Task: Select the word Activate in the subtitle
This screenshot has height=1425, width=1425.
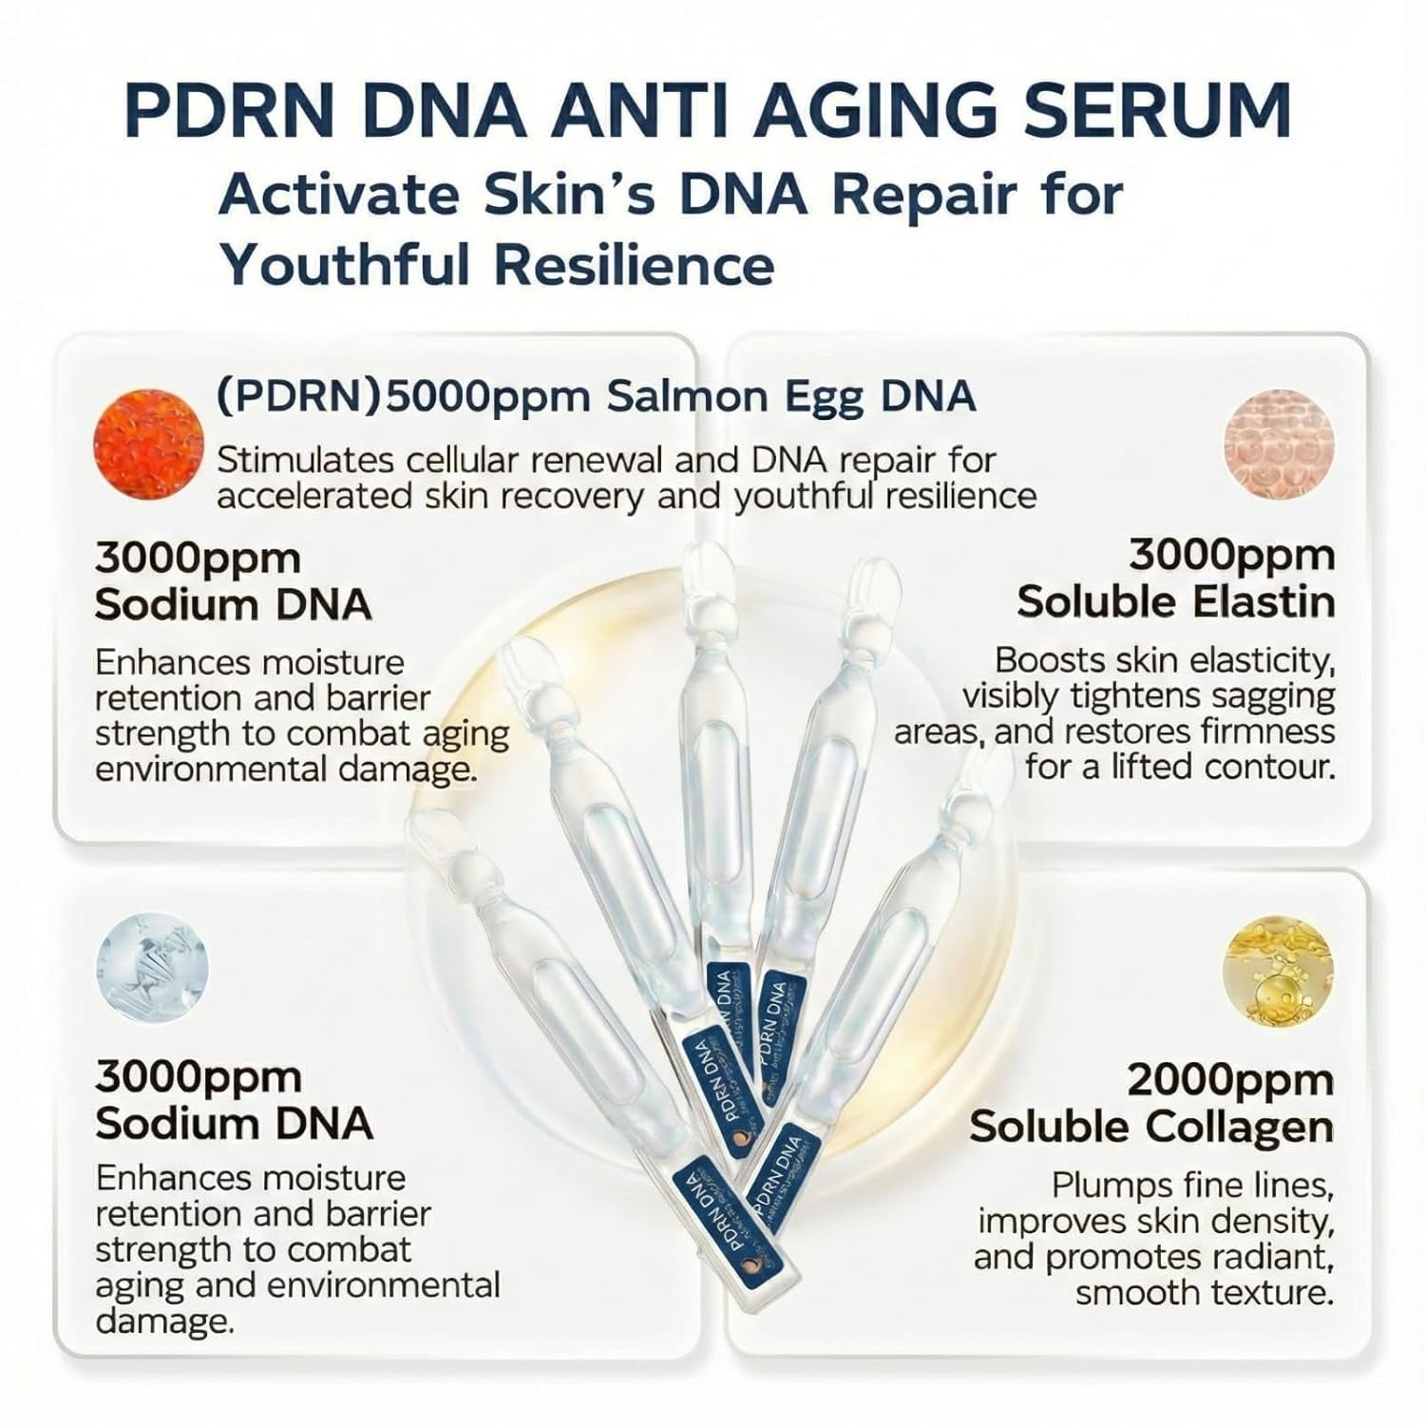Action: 332,195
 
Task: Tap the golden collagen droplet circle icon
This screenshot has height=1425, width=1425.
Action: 1276,967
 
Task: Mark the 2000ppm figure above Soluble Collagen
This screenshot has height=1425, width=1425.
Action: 1230,1080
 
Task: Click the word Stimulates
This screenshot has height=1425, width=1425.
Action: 305,461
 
